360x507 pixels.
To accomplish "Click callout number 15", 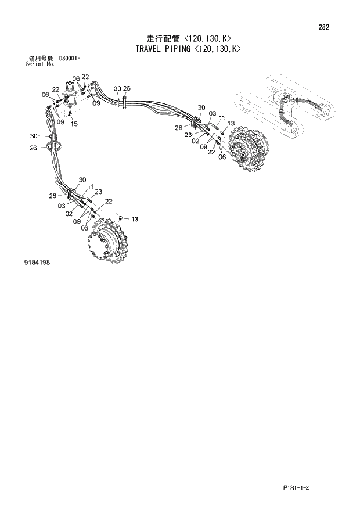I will (x=74, y=123).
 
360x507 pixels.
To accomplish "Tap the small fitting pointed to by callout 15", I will (x=71, y=114).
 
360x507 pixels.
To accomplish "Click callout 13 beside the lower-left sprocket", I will (x=135, y=219).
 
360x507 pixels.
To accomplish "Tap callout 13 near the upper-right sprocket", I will (x=231, y=123).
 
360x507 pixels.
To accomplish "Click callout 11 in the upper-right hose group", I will (x=221, y=118).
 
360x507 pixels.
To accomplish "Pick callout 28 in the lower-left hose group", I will (x=53, y=196).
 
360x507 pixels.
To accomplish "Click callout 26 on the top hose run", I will (x=127, y=88).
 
